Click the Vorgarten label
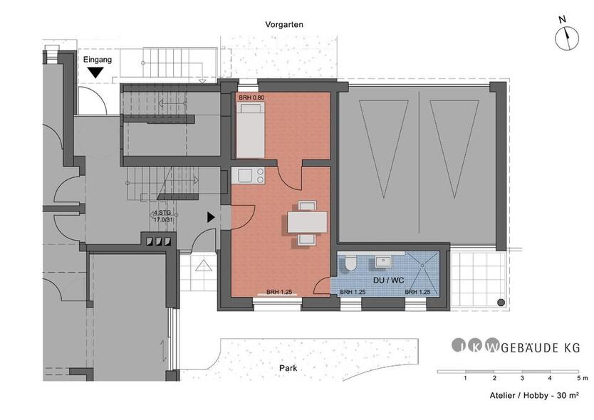[x=284, y=25]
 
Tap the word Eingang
[x=98, y=60]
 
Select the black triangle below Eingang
[x=95, y=73]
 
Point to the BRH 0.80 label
[x=251, y=98]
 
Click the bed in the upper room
[x=251, y=130]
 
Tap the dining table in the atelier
[x=307, y=222]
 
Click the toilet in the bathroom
[x=350, y=264]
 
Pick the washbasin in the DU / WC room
[x=383, y=261]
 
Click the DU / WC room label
[x=388, y=280]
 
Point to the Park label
[x=288, y=368]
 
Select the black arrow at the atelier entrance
[x=211, y=217]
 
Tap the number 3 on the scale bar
[x=522, y=378]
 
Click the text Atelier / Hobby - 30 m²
[x=534, y=396]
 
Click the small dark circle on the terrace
[x=501, y=303]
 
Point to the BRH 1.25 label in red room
[x=278, y=292]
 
